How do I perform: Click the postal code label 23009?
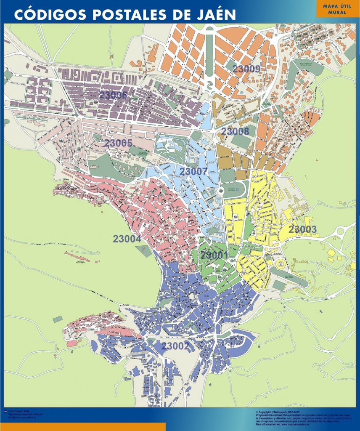246,69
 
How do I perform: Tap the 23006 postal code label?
113,95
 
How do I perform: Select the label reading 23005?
118,143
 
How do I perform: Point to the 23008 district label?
235,131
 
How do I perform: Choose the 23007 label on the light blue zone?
193,171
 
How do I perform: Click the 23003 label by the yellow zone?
302,229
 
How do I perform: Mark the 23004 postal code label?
127,239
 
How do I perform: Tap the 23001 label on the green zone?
214,255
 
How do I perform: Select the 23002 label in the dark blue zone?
175,346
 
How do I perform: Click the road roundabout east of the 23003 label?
340,230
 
